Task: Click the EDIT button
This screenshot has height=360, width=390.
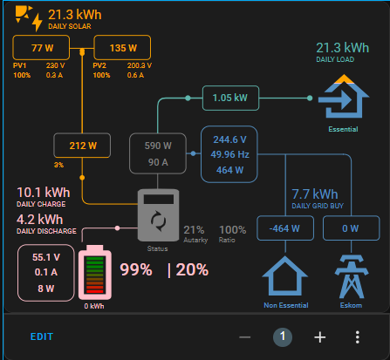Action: (42, 336)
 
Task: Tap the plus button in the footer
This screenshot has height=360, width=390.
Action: (320, 337)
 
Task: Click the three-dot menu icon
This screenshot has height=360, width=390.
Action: (358, 337)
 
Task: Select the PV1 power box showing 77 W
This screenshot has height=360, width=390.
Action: (41, 48)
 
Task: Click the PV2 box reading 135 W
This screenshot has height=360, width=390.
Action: (122, 48)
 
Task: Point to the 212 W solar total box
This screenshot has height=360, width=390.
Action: (82, 146)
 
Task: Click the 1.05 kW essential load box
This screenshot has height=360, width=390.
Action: (230, 98)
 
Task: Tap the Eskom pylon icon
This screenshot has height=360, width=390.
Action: (352, 276)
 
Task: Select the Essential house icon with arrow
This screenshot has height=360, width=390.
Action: (344, 97)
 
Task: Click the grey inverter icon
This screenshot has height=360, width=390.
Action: (158, 215)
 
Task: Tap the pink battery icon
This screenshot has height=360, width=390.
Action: (95, 272)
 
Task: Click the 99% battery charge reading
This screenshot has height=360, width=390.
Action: (136, 269)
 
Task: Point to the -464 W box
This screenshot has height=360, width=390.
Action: (285, 228)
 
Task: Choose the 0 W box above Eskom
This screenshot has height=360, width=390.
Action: (352, 228)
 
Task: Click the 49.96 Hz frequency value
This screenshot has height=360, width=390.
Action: (229, 154)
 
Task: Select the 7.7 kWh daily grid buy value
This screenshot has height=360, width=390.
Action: (315, 194)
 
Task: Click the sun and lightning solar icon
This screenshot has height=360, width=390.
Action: (29, 17)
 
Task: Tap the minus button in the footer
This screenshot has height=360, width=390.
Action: (245, 337)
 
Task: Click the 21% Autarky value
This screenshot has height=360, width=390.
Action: (194, 230)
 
